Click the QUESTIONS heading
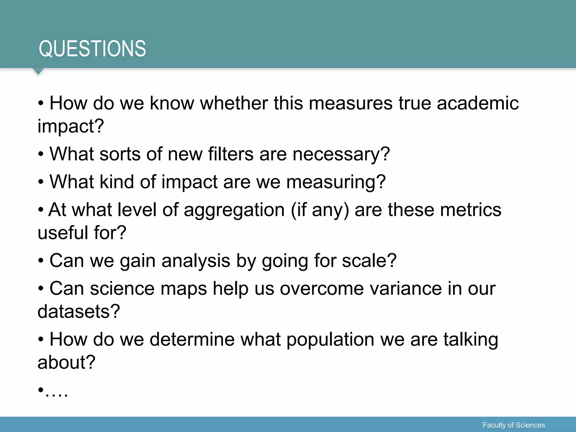pos(92,49)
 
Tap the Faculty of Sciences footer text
pos(514,425)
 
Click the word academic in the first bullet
pos(478,103)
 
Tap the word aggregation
pos(234,210)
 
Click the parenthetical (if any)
pos(320,210)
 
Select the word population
pos(330,340)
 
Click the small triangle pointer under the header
pos(38,71)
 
